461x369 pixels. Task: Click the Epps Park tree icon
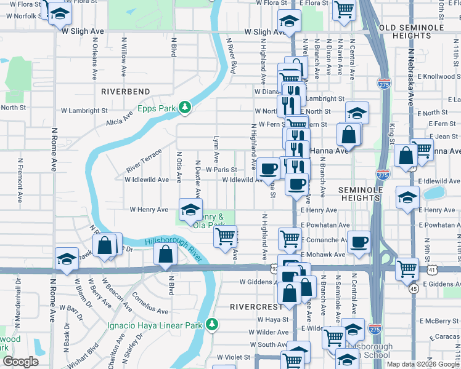[184, 108]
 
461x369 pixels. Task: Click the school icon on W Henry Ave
[190, 210]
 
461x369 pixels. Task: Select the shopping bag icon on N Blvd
[165, 253]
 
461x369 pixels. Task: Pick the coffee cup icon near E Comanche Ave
[359, 242]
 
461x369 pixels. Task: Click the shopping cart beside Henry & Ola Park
[226, 236]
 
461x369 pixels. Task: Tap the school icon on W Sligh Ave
[288, 21]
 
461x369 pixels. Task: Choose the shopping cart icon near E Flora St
[344, 8]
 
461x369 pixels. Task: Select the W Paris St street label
[221, 170]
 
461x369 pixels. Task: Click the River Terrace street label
[144, 161]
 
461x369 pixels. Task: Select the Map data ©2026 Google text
[422, 364]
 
